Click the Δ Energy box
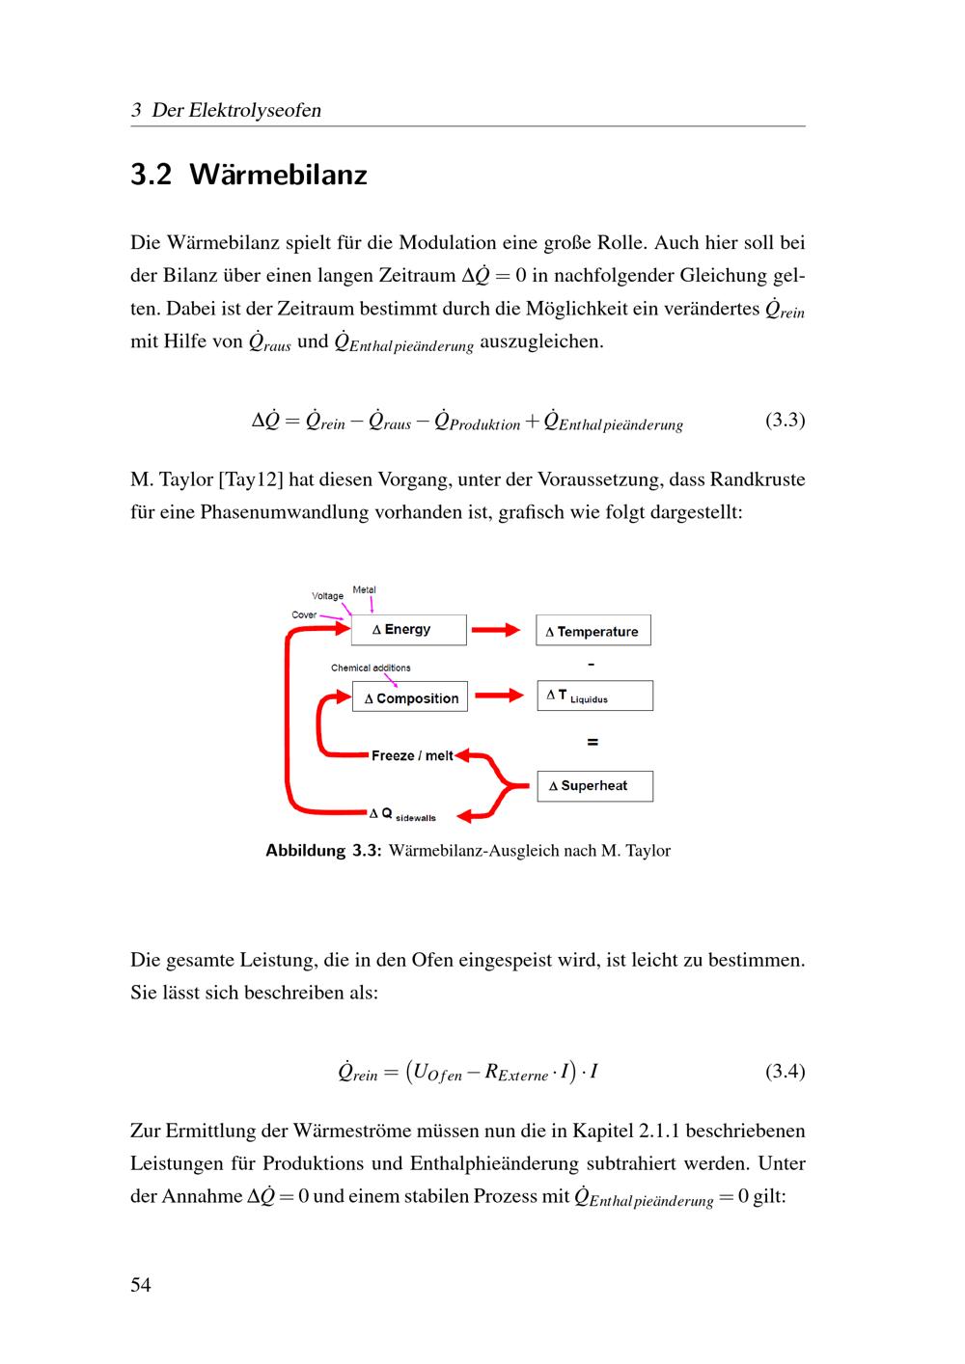[x=408, y=630]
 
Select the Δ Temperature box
[x=593, y=631]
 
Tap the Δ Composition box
[x=410, y=697]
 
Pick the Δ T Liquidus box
[x=594, y=696]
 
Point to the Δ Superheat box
[x=594, y=786]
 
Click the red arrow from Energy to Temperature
[x=497, y=630]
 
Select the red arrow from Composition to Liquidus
[x=499, y=696]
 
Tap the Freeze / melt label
[x=412, y=756]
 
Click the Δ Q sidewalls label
[x=402, y=814]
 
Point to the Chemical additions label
[x=371, y=668]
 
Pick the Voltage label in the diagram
[x=327, y=596]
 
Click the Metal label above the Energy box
[x=364, y=589]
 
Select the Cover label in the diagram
[x=304, y=614]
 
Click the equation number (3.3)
[x=785, y=420]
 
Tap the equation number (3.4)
[x=785, y=1071]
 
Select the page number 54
[x=141, y=1285]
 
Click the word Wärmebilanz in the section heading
[x=278, y=175]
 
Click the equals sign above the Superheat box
[x=593, y=742]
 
